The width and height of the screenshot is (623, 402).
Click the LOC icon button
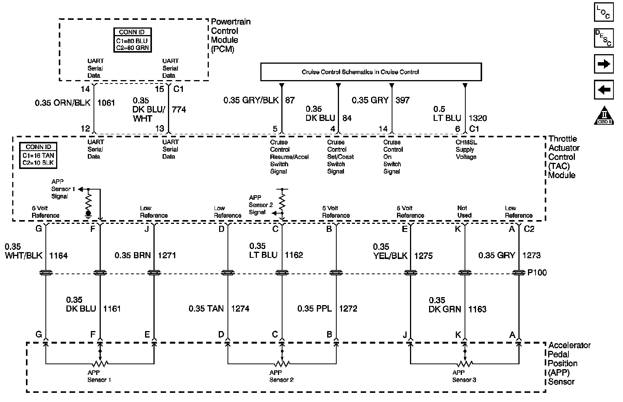click(604, 12)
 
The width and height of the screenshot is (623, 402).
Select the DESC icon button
click(604, 38)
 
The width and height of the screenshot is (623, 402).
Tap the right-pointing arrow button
click(604, 64)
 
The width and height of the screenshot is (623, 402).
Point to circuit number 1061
click(107, 103)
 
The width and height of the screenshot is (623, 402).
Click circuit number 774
click(179, 110)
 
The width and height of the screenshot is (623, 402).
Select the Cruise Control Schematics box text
click(360, 72)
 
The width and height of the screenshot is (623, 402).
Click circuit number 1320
click(478, 118)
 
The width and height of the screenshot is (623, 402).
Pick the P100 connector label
click(537, 273)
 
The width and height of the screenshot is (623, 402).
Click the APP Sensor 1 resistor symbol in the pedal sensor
click(100, 363)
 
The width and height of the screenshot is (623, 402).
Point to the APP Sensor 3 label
click(464, 376)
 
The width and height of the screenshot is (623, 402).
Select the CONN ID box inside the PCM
click(132, 40)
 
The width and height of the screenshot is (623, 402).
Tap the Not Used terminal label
click(464, 212)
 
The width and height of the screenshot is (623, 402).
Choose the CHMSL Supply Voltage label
click(466, 150)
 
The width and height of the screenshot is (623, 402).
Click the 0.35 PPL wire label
click(315, 309)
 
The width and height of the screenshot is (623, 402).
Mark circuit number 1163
click(478, 309)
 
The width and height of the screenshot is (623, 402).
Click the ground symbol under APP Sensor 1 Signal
click(89, 214)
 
